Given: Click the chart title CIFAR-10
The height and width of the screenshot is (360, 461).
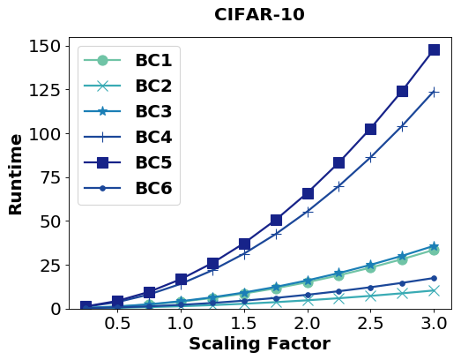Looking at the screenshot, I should click(x=259, y=15).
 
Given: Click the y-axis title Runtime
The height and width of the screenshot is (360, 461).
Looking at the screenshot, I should click(x=16, y=174).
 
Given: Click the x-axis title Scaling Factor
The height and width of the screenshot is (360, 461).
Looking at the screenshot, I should click(x=259, y=344).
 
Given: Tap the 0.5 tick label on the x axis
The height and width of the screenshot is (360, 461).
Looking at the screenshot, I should click(x=117, y=323).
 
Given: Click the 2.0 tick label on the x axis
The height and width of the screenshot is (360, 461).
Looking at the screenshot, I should click(x=307, y=323).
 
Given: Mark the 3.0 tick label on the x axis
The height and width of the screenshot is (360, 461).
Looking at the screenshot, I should click(x=434, y=323).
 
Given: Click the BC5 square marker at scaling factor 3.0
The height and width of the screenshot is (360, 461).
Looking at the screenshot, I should click(x=434, y=50).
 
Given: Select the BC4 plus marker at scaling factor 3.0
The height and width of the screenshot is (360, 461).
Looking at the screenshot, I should click(x=434, y=92).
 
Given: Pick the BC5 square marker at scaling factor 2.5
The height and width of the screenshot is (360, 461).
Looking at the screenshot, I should click(x=370, y=129).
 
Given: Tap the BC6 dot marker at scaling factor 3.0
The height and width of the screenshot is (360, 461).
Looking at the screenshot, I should click(x=434, y=278).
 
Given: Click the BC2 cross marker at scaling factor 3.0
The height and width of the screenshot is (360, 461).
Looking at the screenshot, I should click(x=434, y=290).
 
